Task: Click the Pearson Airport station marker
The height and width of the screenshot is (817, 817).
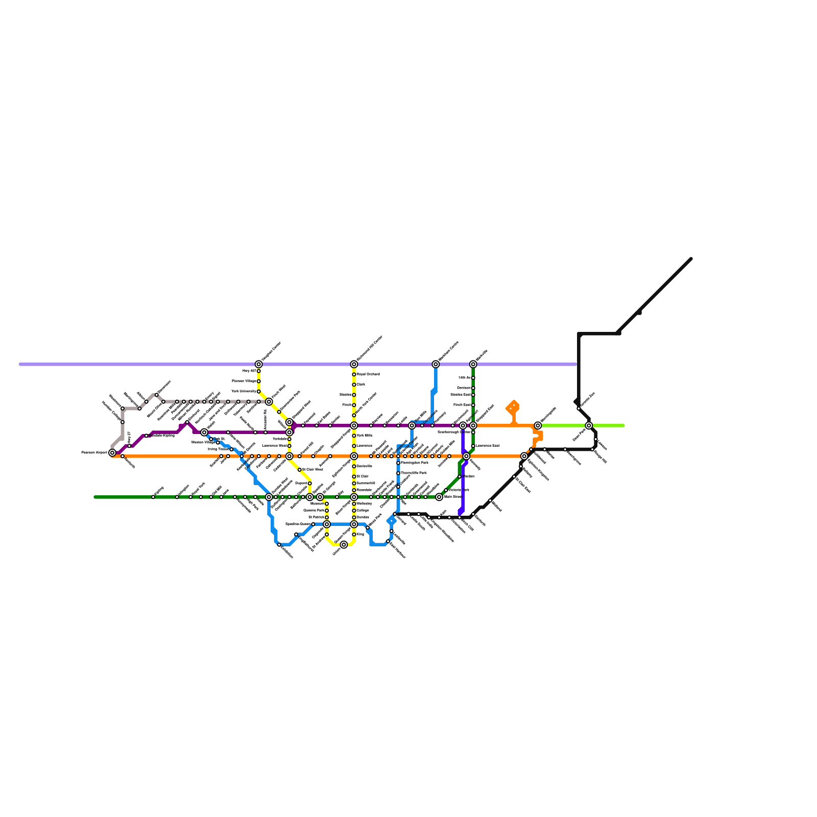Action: [x=112, y=452]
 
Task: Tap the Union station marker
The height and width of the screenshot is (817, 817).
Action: [x=344, y=545]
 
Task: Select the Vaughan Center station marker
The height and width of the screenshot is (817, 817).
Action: [x=259, y=364]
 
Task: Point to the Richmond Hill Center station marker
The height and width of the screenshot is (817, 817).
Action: [x=354, y=364]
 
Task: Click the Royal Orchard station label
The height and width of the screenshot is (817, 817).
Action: [x=368, y=374]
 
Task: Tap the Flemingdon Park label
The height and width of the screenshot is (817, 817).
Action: [x=414, y=463]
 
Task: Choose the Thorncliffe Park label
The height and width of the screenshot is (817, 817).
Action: [x=414, y=473]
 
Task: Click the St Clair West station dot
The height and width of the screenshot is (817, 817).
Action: [x=300, y=469]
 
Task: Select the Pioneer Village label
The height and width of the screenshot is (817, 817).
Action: [x=244, y=381]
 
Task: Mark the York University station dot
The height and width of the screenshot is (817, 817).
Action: [x=259, y=391]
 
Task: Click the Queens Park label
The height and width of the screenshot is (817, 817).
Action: [x=314, y=510]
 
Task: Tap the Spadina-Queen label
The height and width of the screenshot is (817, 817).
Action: [x=298, y=524]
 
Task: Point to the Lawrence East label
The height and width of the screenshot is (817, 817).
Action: [x=488, y=446]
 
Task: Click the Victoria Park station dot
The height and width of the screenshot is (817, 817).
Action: [x=446, y=490]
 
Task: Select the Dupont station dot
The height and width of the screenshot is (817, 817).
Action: [x=309, y=483]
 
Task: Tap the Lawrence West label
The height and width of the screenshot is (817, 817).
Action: [x=274, y=446]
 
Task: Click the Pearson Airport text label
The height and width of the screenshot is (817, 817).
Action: [x=94, y=452]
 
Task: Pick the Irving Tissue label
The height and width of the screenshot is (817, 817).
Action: [x=218, y=449]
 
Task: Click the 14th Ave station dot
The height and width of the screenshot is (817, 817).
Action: [x=473, y=378]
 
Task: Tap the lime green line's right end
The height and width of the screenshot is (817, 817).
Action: [x=623, y=425]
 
